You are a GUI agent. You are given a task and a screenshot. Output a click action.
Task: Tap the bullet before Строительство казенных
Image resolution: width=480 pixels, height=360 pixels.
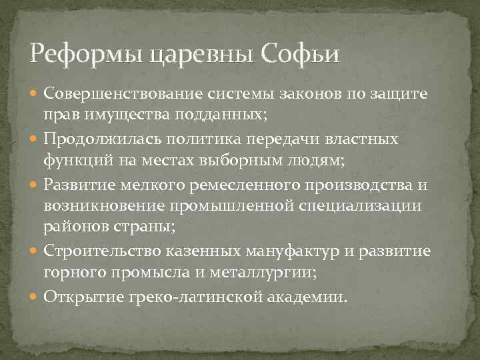[34, 253]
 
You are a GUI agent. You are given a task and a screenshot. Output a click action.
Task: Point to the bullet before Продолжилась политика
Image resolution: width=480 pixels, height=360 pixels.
[34, 140]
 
